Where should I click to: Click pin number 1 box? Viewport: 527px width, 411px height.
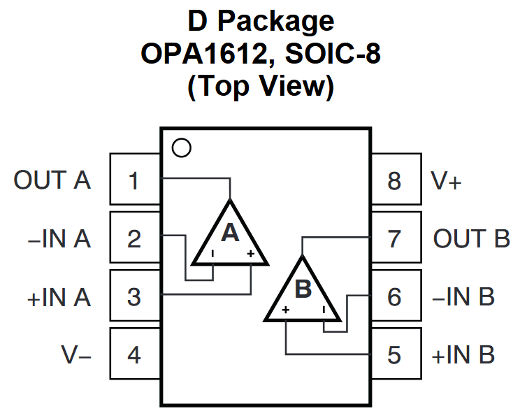click(134, 181)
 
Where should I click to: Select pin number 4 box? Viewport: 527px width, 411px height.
click(134, 354)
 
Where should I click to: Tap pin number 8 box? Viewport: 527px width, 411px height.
click(396, 181)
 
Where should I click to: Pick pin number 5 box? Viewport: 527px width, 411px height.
click(396, 354)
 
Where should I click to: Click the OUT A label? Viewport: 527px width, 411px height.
click(52, 180)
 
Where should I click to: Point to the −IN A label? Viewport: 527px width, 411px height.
click(59, 239)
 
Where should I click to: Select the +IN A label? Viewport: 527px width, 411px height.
click(59, 297)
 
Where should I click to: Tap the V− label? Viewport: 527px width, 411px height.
click(76, 355)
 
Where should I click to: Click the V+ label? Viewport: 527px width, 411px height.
click(447, 181)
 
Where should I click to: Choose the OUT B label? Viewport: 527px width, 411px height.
click(472, 239)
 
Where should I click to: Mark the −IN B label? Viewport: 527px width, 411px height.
click(463, 297)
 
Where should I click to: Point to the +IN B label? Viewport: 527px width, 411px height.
click(463, 355)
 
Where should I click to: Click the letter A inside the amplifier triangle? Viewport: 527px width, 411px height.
click(230, 233)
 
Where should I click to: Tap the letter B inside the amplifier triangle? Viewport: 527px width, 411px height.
click(303, 289)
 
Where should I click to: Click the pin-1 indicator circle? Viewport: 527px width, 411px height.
click(181, 147)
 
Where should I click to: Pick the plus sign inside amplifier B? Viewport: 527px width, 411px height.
click(286, 309)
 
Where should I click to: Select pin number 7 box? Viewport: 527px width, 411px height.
click(396, 239)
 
